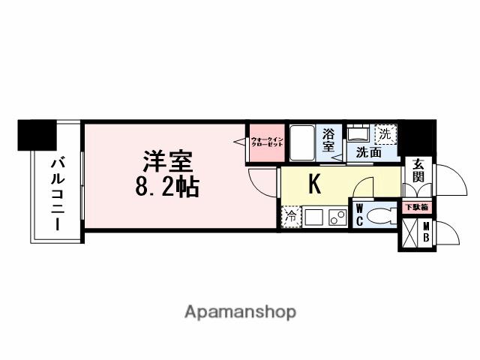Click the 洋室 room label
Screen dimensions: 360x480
(169, 162)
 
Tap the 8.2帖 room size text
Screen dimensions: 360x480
(167, 187)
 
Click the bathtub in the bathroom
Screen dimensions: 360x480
(302, 142)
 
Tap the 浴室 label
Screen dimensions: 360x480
(328, 141)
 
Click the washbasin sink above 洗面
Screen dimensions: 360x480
(356, 133)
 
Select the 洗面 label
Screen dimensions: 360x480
(368, 153)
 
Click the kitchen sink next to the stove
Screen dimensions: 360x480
(313, 217)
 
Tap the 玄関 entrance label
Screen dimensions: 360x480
(417, 172)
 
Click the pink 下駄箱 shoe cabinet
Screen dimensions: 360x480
(416, 206)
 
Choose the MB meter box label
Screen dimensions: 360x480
(426, 233)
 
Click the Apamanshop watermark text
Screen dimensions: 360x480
(240, 310)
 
